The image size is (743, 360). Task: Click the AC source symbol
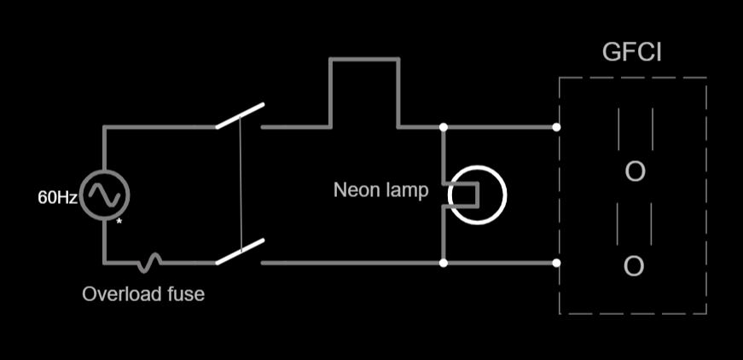click(105, 195)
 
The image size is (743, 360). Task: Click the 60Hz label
click(57, 197)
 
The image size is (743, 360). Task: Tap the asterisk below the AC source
click(119, 221)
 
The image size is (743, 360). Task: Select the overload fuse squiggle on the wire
click(152, 261)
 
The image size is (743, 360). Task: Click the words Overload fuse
click(143, 294)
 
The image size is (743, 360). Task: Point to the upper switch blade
click(240, 116)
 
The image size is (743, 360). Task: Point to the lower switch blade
click(240, 252)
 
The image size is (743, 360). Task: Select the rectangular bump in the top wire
click(364, 60)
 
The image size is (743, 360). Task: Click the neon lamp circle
click(478, 195)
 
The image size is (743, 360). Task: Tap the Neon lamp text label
click(380, 189)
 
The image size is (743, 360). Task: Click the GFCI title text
click(632, 53)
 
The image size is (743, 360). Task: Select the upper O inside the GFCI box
click(635, 171)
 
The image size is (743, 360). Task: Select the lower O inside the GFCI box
click(634, 266)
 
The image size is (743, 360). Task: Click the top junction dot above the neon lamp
click(444, 127)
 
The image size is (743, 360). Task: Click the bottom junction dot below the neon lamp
click(444, 263)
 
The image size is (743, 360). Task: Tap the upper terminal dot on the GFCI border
click(556, 127)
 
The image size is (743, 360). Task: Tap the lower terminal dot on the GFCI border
click(556, 263)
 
